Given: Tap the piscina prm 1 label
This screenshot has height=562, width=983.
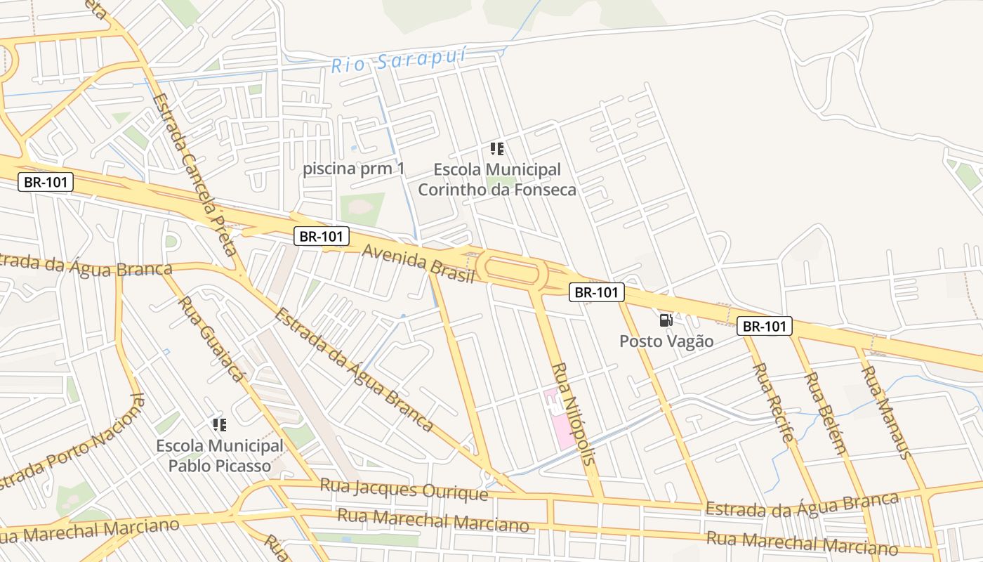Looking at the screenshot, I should pyautogui.click(x=354, y=169).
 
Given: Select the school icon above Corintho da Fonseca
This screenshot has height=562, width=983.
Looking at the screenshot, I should pyautogui.click(x=497, y=149).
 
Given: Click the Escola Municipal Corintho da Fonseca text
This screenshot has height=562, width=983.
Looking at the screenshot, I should pyautogui.click(x=497, y=180).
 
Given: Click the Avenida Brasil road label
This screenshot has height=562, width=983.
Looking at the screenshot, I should pyautogui.click(x=418, y=264).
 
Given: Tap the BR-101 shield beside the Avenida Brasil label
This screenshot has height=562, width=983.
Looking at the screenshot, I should pyautogui.click(x=322, y=236).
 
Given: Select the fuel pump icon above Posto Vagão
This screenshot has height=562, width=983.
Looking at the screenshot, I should pyautogui.click(x=666, y=320).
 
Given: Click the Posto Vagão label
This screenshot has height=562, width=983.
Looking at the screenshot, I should pyautogui.click(x=666, y=341).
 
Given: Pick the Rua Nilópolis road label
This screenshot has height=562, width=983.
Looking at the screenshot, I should pyautogui.click(x=573, y=414).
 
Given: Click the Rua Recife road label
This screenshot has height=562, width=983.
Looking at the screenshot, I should pyautogui.click(x=774, y=403).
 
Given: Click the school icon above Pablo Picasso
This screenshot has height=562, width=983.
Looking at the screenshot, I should pyautogui.click(x=220, y=424).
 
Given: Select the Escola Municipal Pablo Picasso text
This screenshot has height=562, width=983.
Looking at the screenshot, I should pyautogui.click(x=220, y=455).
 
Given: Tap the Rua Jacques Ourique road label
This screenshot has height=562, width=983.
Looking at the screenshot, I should pyautogui.click(x=404, y=489).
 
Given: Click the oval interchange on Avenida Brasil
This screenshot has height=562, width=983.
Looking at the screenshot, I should pyautogui.click(x=513, y=270).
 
